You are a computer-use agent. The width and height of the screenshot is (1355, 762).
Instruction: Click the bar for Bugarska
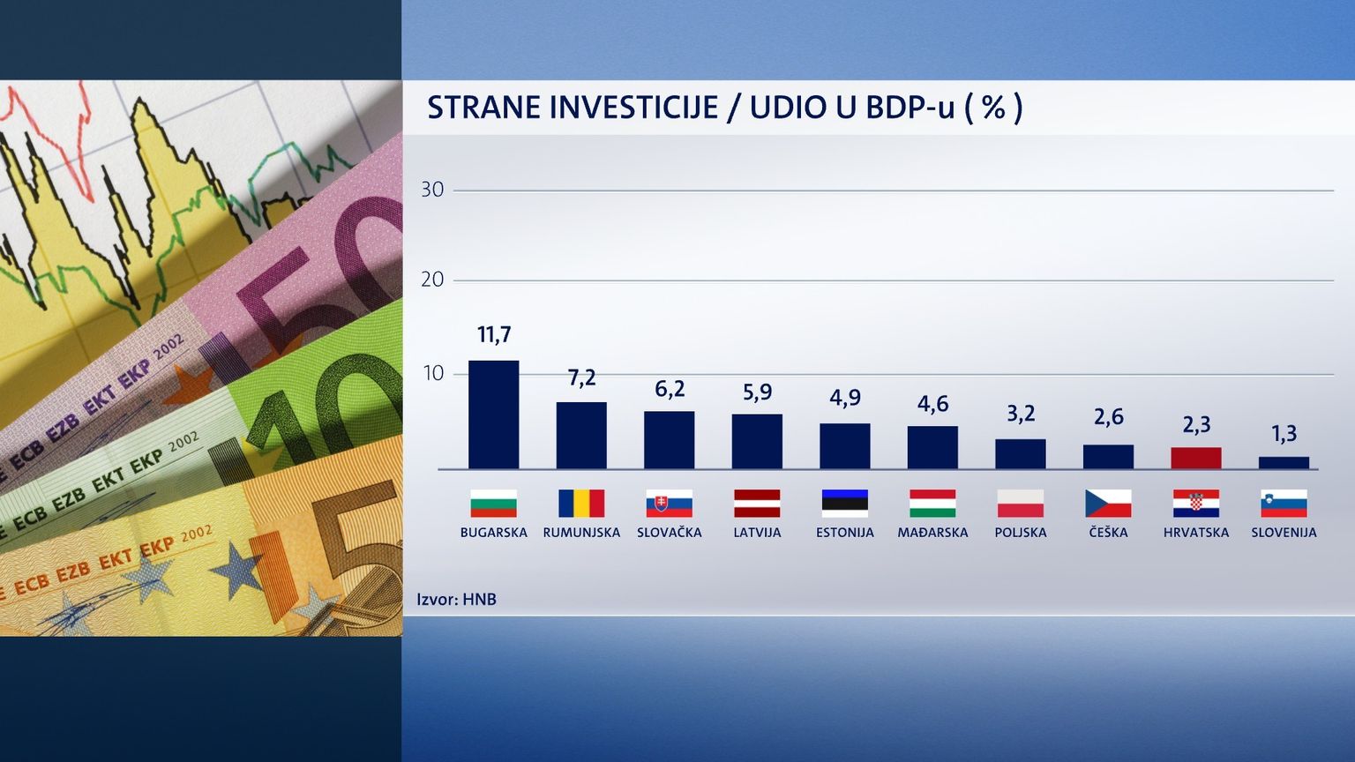click(x=493, y=415)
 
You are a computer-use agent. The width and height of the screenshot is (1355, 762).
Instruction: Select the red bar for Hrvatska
click(x=1195, y=458)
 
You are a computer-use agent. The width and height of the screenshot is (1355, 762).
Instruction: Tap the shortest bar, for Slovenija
click(x=1284, y=462)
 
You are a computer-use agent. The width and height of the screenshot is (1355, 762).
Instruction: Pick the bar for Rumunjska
click(x=581, y=435)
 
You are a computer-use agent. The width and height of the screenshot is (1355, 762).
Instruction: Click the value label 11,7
click(x=494, y=335)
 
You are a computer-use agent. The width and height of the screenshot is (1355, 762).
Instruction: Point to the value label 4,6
click(x=932, y=404)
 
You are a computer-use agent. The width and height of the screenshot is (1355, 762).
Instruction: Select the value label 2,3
click(x=1196, y=424)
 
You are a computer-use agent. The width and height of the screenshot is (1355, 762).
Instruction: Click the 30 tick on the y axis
click(x=432, y=190)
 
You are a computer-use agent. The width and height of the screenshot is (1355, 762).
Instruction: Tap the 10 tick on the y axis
click(x=432, y=374)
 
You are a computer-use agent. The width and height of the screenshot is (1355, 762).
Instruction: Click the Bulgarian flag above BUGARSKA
click(x=493, y=504)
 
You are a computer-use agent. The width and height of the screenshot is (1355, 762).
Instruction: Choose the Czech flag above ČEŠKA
click(x=1108, y=504)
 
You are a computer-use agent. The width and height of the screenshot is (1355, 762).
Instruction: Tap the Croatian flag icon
click(x=1196, y=504)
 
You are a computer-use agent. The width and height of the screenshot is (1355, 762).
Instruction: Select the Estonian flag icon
click(x=845, y=504)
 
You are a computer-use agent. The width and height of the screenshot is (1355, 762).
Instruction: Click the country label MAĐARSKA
click(x=932, y=533)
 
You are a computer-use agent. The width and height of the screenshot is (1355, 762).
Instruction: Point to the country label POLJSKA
click(x=1021, y=533)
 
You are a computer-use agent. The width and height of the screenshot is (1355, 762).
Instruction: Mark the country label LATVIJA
click(x=757, y=533)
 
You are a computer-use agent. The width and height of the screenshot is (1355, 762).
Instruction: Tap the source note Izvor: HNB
click(x=456, y=600)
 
